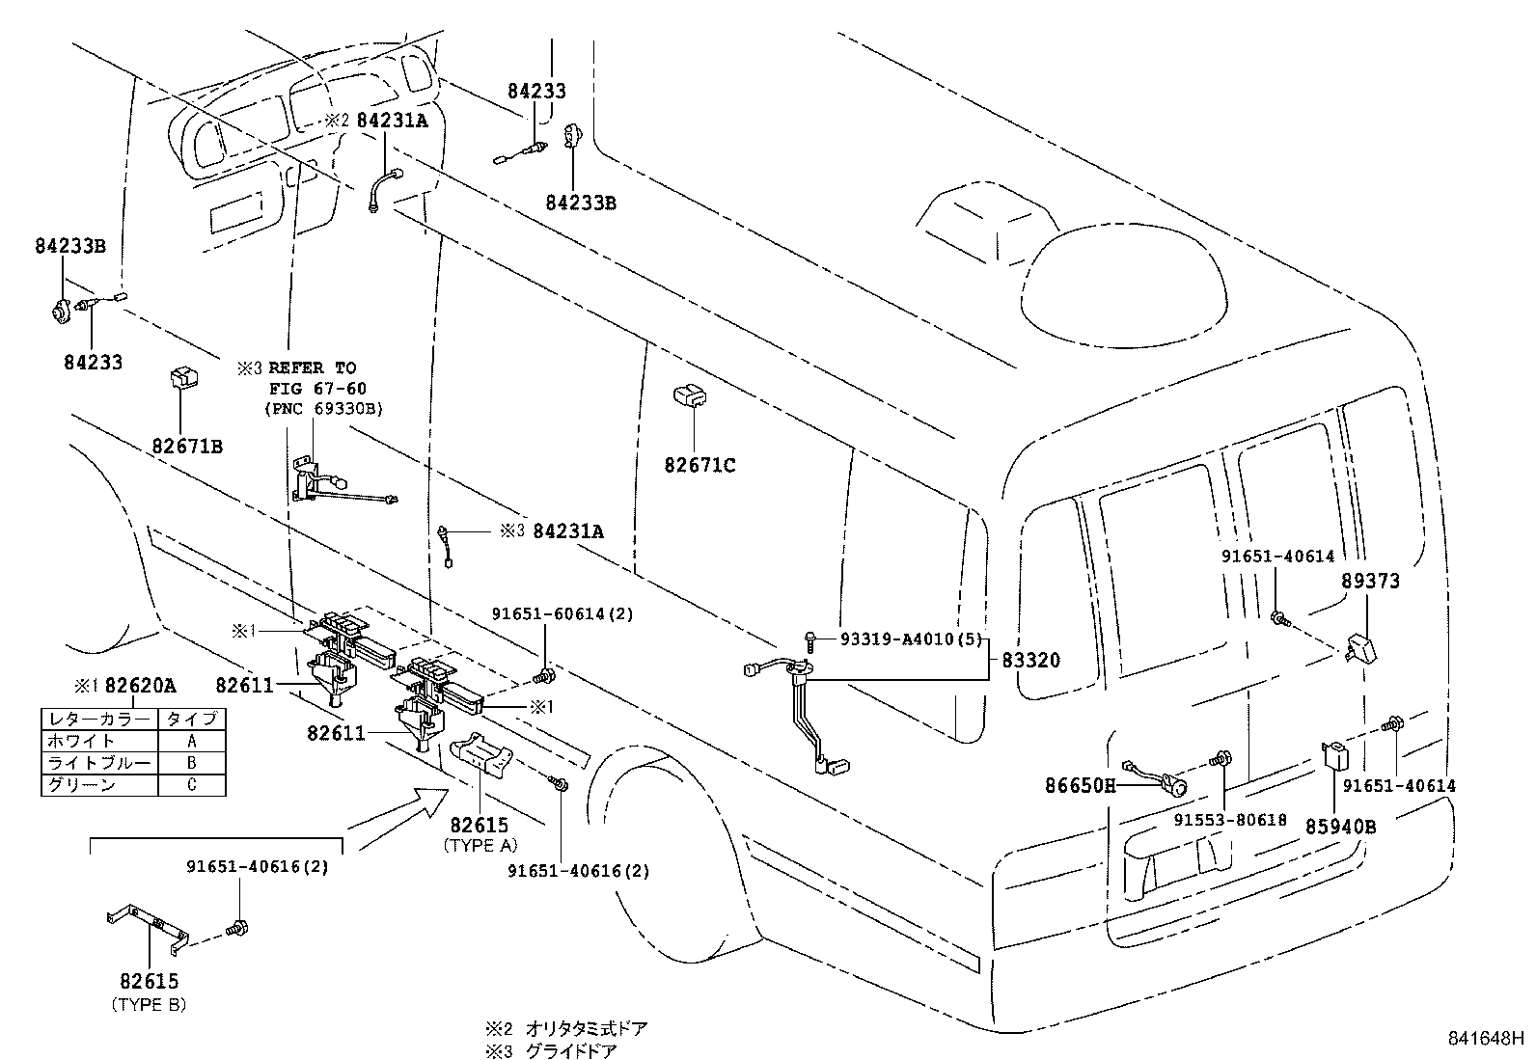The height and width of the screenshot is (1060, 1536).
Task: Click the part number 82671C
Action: tap(699, 466)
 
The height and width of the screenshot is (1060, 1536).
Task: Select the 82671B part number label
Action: tap(187, 447)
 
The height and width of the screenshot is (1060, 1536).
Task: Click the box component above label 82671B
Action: tap(182, 377)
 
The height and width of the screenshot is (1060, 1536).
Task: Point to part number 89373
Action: tap(1370, 582)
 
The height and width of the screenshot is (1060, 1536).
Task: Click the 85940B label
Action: tap(1341, 827)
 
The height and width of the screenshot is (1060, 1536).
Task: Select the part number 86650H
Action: tap(1080, 786)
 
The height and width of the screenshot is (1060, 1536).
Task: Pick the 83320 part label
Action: tap(1030, 661)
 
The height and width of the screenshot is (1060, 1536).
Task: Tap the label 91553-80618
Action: tap(1230, 820)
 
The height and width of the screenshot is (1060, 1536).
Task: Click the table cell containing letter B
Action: tap(191, 763)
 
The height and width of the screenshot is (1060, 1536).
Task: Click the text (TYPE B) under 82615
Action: tap(150, 1004)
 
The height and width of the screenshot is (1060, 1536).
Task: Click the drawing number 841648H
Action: tap(1484, 1039)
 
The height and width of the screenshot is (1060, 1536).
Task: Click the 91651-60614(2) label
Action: tap(562, 613)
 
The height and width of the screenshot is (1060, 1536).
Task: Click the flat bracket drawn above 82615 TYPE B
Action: tap(147, 927)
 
